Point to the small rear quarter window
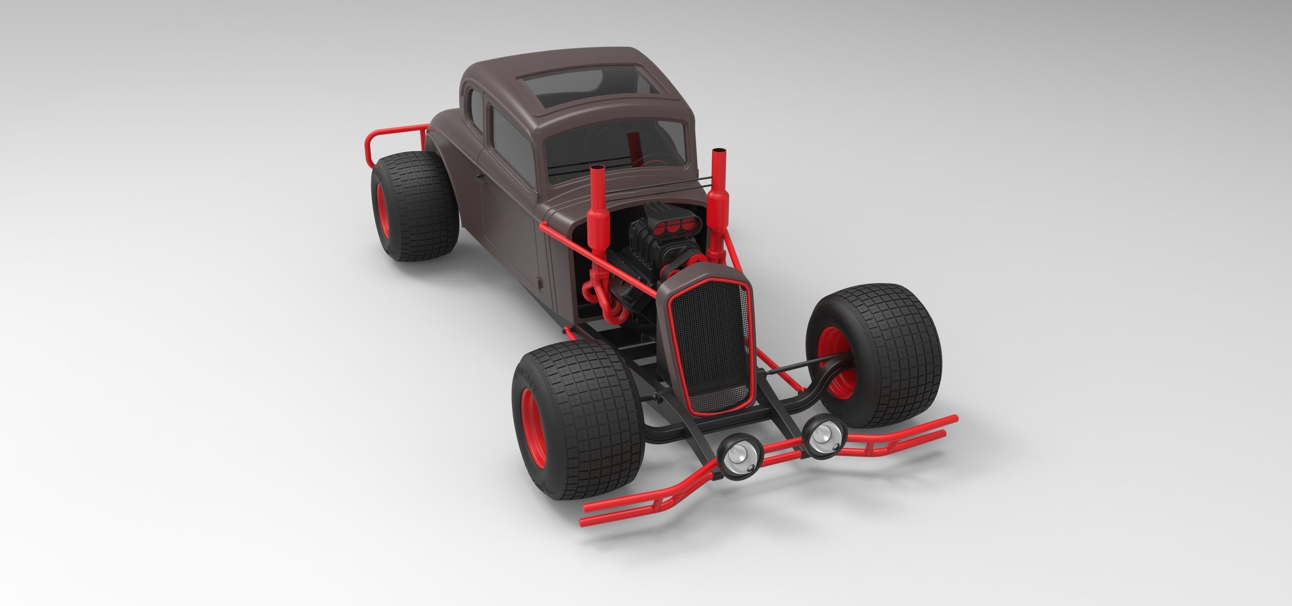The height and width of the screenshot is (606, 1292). point(473,108)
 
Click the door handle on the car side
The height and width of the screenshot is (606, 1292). point(480,177)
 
